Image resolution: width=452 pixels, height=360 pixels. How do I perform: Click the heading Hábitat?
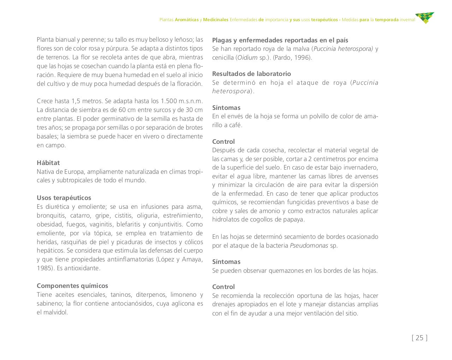pyautogui.click(x=48, y=163)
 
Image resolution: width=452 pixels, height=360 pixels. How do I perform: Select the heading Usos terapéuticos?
pyautogui.click(x=64, y=198)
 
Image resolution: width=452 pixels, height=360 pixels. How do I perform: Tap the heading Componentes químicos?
pyautogui.click(x=72, y=286)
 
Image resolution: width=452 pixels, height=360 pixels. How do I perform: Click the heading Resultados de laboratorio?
pyautogui.click(x=251, y=74)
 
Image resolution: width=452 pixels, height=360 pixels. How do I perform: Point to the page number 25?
pyautogui.click(x=420, y=338)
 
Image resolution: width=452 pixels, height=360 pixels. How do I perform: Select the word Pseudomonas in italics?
pyautogui.click(x=309, y=246)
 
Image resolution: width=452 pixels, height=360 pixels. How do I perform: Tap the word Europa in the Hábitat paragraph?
pyautogui.click(x=74, y=172)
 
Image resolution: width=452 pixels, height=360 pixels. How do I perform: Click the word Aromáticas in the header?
pyautogui.click(x=186, y=20)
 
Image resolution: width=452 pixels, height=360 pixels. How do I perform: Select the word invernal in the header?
pyautogui.click(x=408, y=20)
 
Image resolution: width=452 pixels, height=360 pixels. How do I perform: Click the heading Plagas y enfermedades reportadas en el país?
pyautogui.click(x=280, y=40)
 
